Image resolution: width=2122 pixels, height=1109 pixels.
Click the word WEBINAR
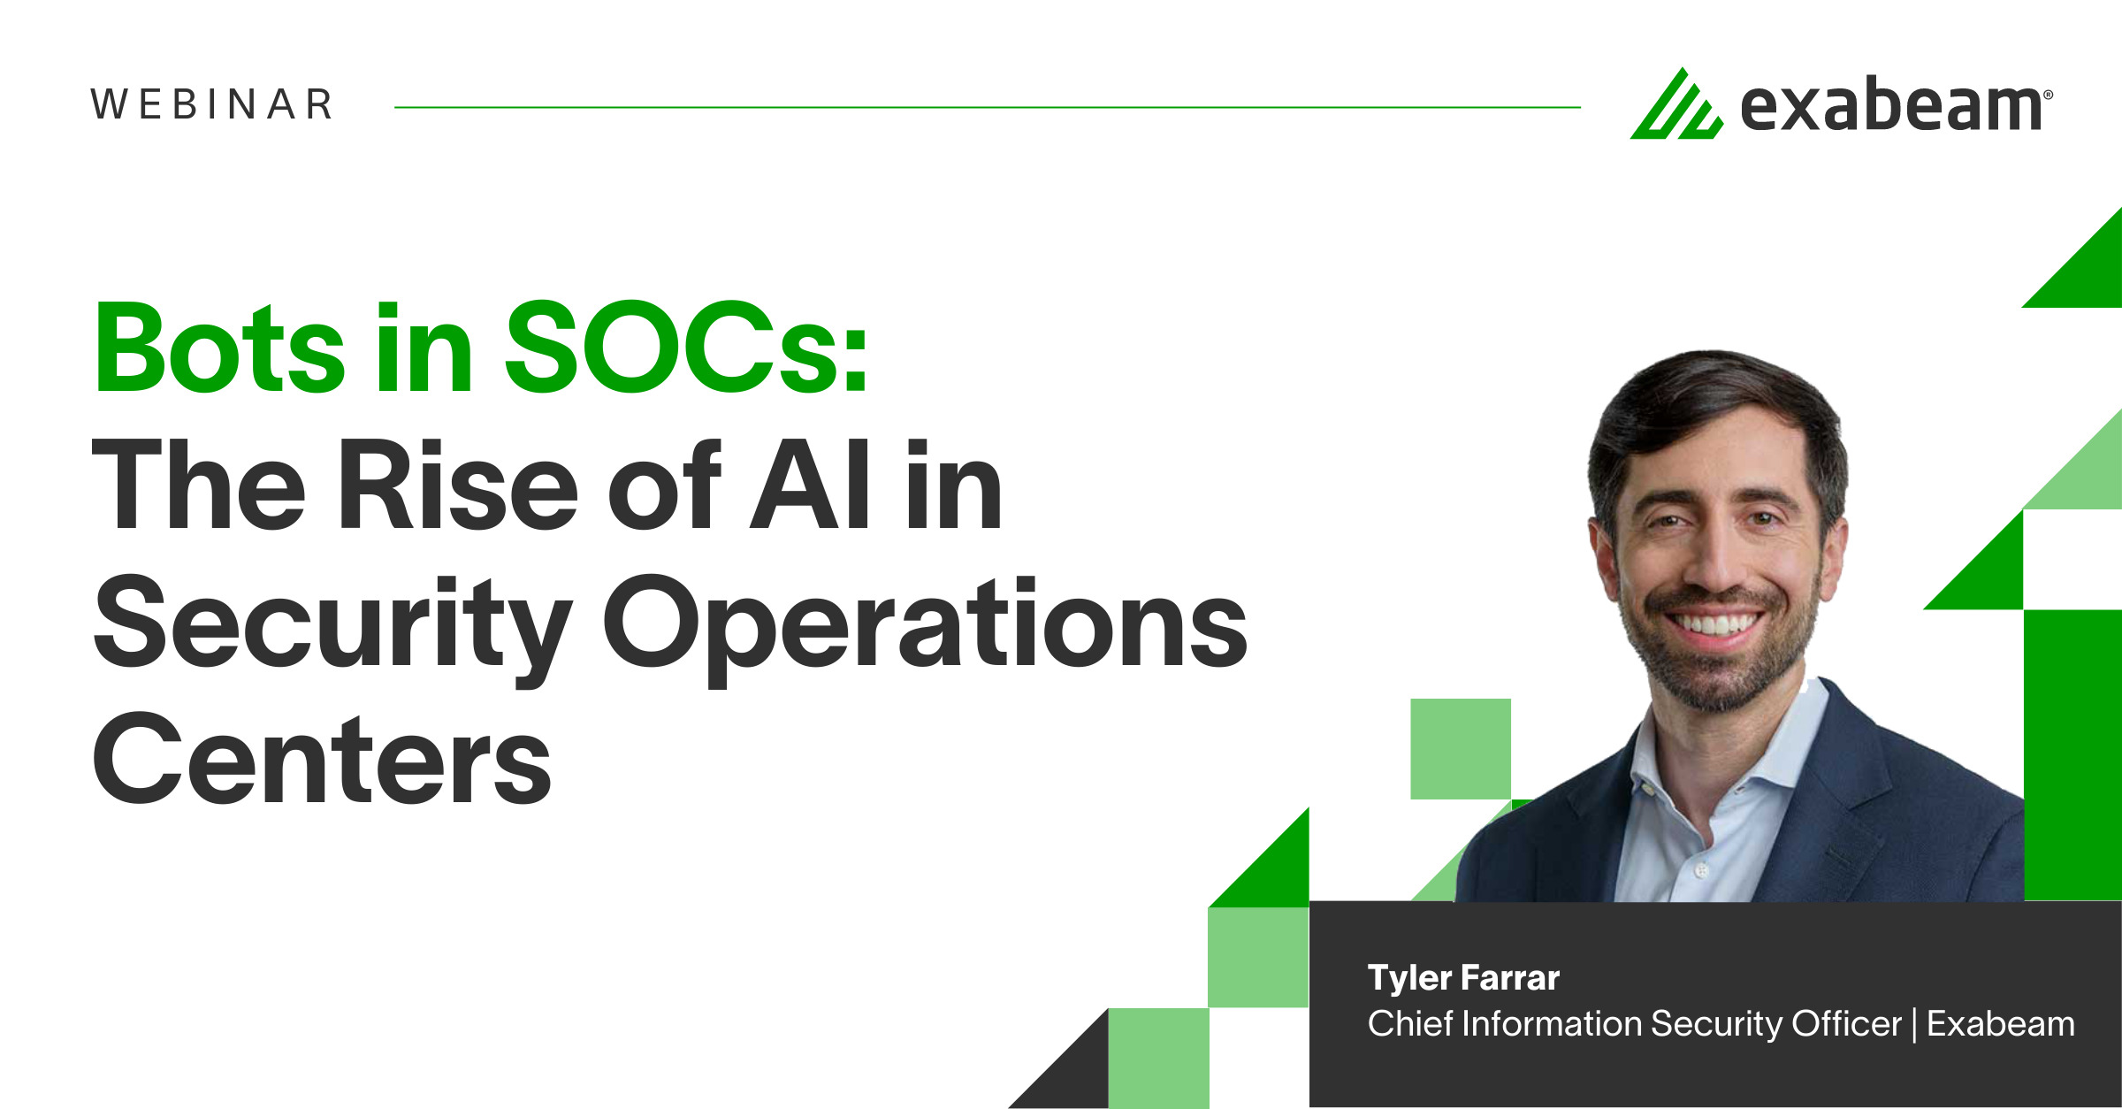pyautogui.click(x=212, y=104)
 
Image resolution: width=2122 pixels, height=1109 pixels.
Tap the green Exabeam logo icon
pyautogui.click(x=1676, y=104)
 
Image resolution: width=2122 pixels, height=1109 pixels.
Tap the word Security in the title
pyautogui.click(x=332, y=628)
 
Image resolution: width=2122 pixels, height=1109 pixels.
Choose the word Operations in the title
pyautogui.click(x=925, y=628)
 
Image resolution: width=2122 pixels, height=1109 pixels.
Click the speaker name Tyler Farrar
pyautogui.click(x=1463, y=978)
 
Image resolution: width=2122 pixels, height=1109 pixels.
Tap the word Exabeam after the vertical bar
pyautogui.click(x=2001, y=1023)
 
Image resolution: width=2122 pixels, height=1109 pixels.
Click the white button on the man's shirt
pyautogui.click(x=1700, y=871)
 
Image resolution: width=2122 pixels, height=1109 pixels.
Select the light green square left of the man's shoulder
pyautogui.click(x=1461, y=749)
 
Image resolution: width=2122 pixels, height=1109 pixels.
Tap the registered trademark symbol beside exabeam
pyautogui.click(x=2049, y=94)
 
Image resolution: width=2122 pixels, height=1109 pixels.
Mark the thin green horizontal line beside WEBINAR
pyautogui.click(x=988, y=107)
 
